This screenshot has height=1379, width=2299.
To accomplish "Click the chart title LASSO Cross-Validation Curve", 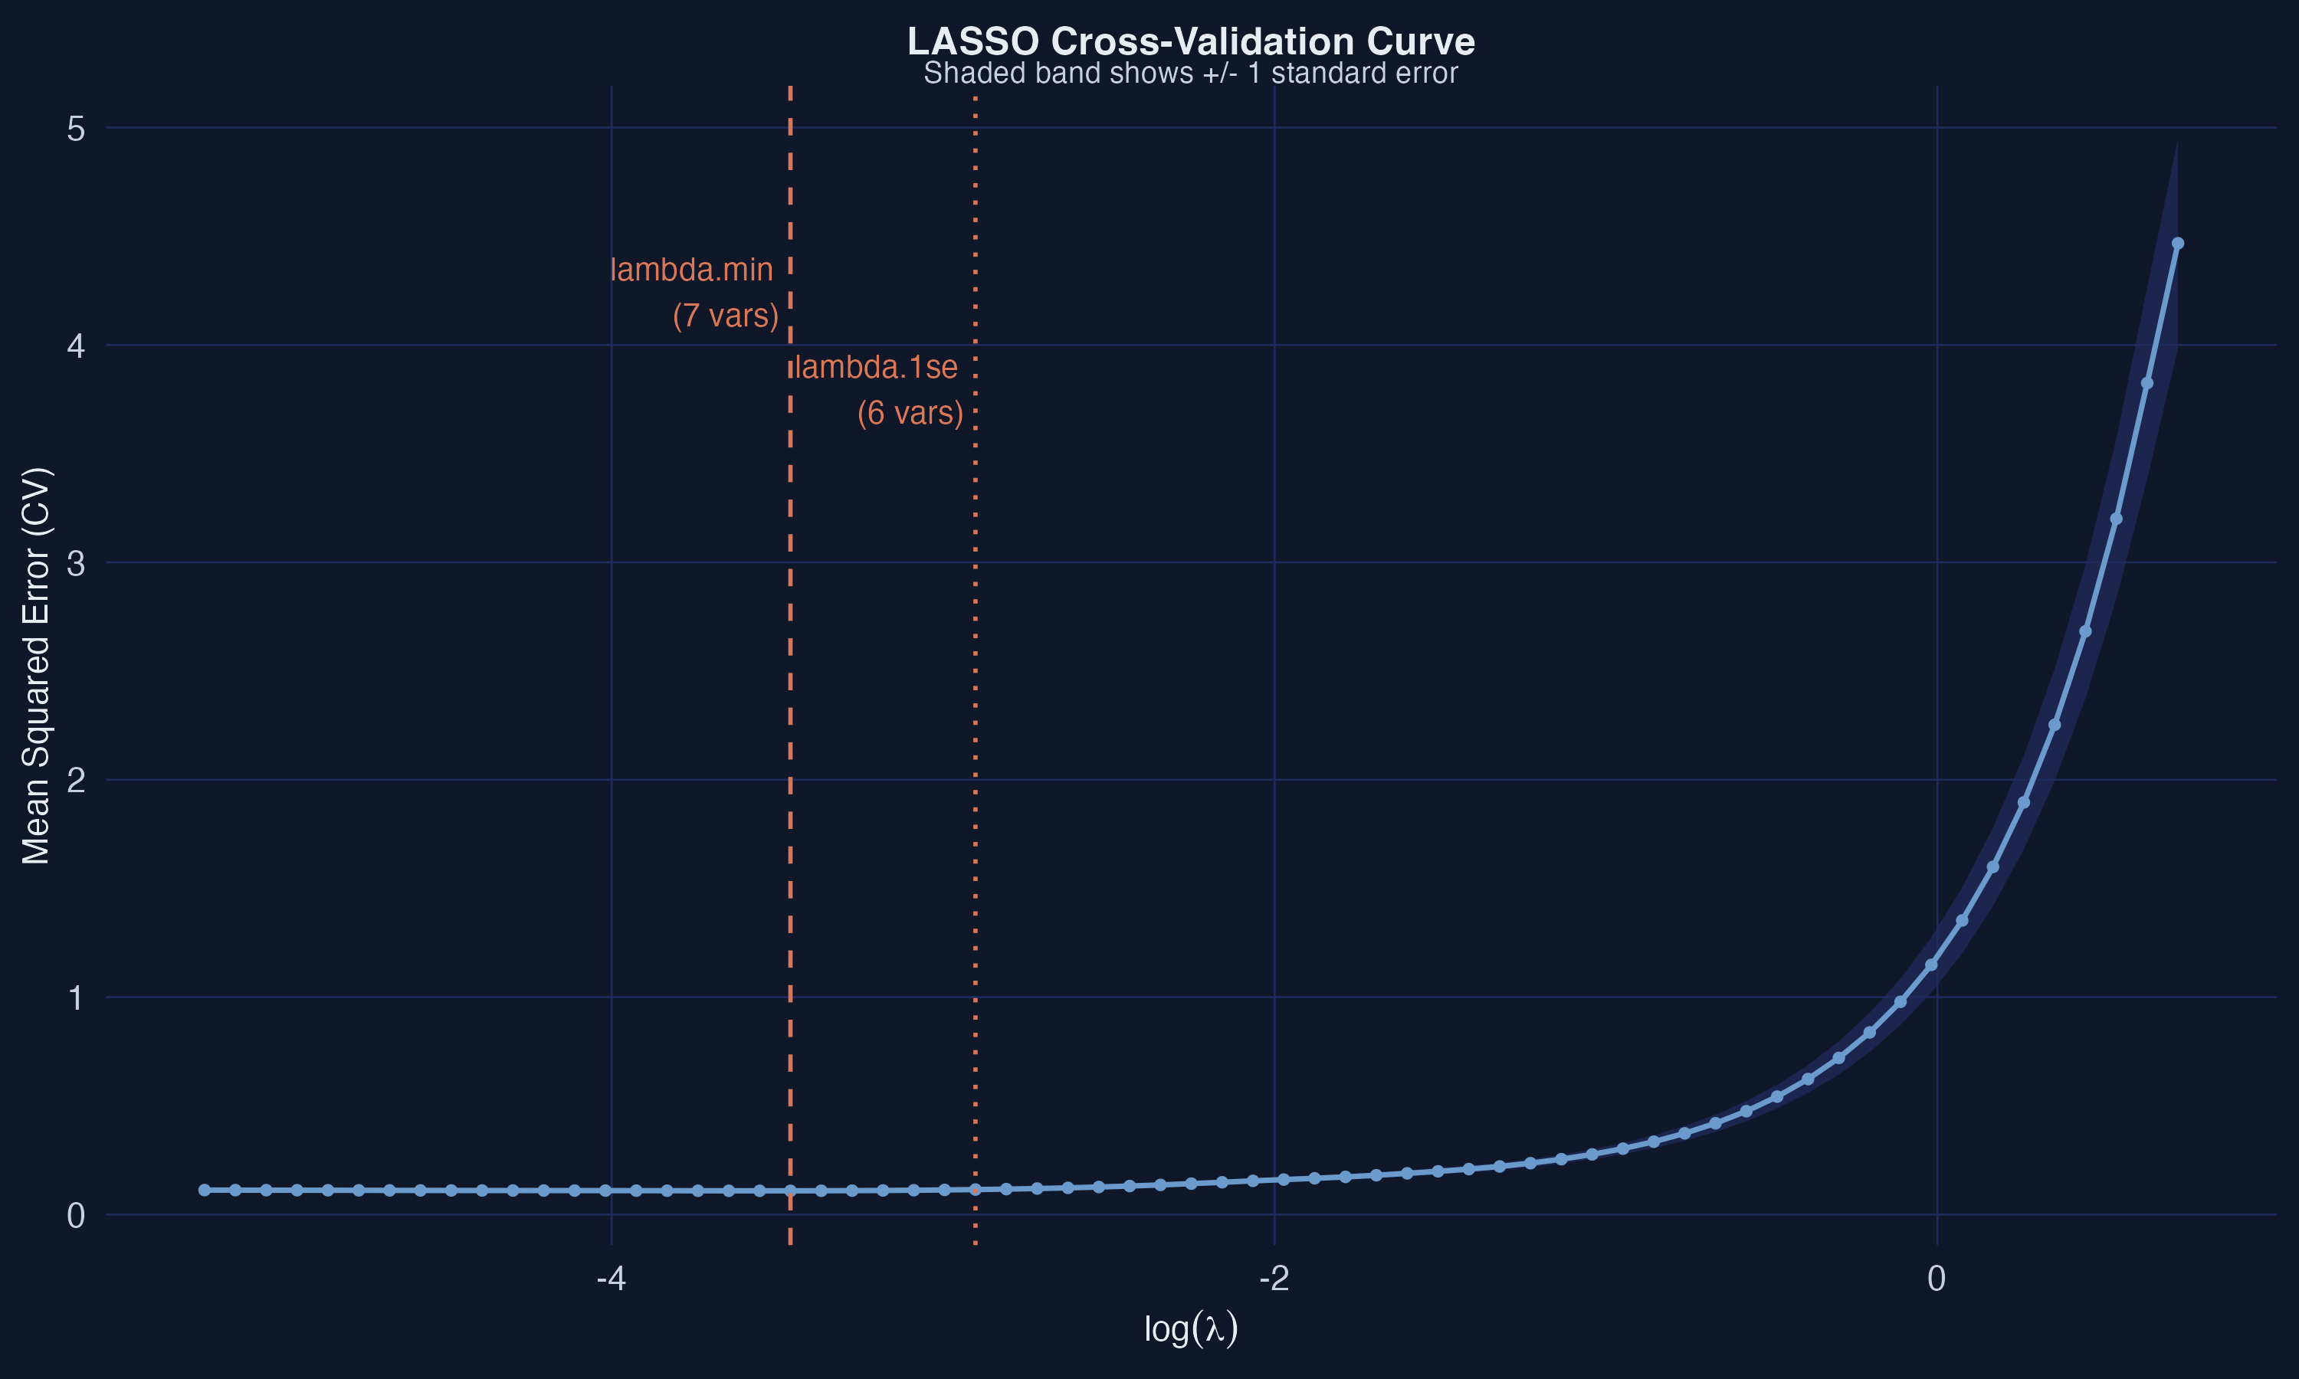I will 1190,42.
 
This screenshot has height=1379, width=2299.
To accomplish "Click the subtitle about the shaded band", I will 1190,74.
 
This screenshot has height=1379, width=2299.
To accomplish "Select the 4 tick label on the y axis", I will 76,346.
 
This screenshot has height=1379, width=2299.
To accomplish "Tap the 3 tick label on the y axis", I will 76,563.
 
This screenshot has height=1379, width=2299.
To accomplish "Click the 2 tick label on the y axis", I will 76,781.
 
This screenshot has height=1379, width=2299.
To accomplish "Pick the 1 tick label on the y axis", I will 76,998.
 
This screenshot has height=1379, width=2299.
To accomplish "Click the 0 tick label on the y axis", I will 76,1216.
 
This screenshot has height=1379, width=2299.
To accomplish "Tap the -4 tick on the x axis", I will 611,1279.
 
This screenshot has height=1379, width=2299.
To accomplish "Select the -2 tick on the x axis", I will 1274,1279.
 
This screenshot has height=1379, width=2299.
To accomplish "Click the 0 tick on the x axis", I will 1936,1279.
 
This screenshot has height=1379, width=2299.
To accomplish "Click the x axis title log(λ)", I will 1190,1329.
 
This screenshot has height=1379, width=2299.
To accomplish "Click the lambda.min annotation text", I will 691,270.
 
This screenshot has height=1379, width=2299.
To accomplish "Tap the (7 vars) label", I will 726,316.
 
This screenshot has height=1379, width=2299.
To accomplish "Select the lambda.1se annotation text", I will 876,368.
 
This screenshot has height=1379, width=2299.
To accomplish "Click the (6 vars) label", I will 910,414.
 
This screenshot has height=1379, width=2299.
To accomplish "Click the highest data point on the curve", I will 2177,244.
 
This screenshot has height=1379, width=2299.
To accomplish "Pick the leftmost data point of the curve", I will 205,1191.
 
